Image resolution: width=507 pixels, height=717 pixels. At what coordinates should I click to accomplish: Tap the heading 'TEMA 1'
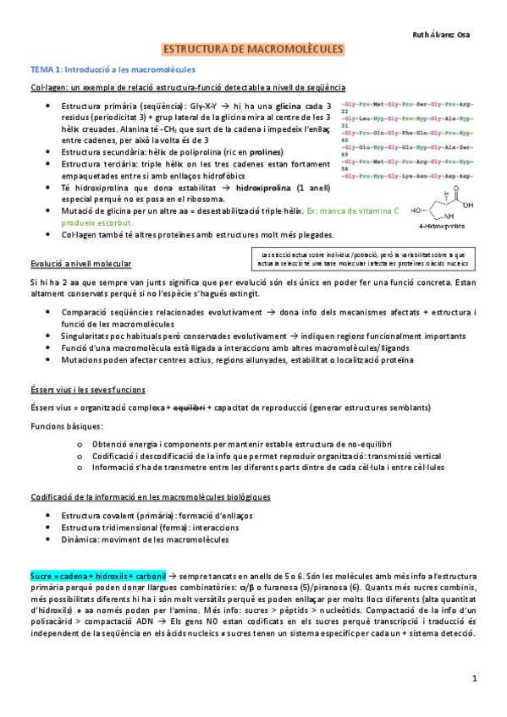[x=47, y=69]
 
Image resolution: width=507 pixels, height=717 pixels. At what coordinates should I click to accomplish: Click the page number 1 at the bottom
[x=475, y=678]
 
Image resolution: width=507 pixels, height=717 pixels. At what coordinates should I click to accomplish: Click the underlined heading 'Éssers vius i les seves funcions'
[x=87, y=389]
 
